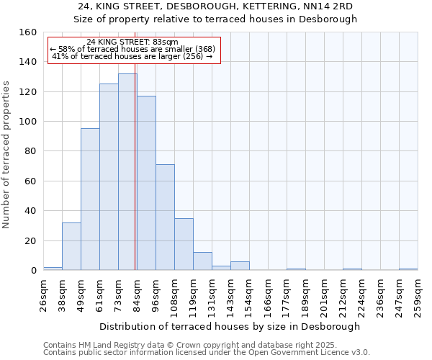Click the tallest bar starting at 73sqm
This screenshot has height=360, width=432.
pos(127,172)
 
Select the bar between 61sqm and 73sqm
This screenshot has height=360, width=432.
pos(109,177)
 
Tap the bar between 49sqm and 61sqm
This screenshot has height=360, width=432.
pos(90,199)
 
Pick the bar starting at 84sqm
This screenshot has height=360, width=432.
pos(146,183)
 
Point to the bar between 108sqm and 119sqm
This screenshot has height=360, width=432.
pos(184,244)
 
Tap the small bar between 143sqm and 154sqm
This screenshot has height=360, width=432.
pos(240,266)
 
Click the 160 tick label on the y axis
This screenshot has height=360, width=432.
pos(28,32)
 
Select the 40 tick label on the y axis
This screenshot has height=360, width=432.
pos(30,211)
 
